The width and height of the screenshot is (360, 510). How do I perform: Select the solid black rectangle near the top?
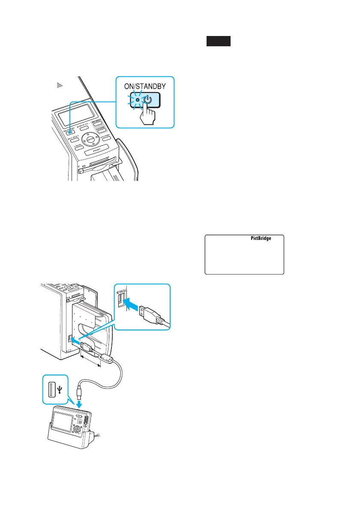click(x=219, y=41)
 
